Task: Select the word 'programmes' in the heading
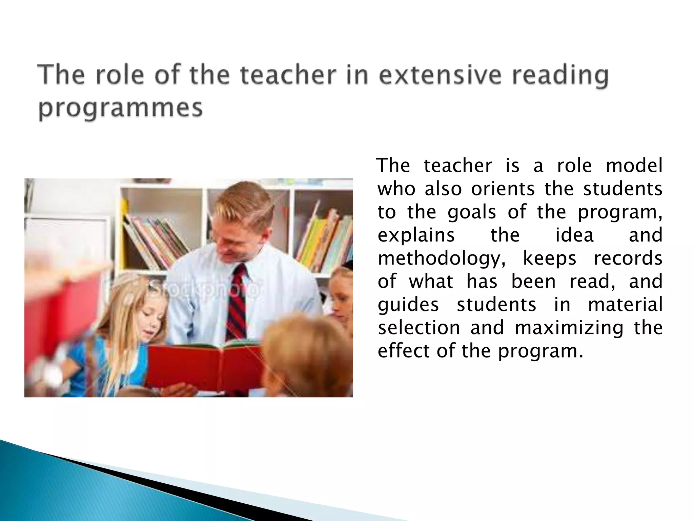[120, 109]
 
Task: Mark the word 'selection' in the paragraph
[419, 328]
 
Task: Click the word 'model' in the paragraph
[634, 166]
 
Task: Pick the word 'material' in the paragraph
[625, 305]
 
